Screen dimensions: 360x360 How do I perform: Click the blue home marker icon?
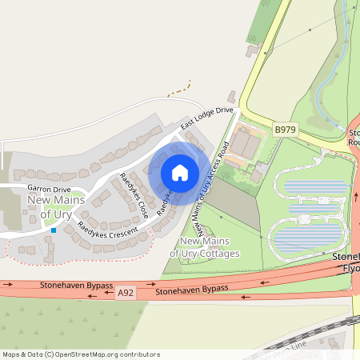(180, 173)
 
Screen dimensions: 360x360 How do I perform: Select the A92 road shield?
(124, 294)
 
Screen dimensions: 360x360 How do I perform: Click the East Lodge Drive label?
(206, 118)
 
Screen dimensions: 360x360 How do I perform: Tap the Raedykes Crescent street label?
(102, 233)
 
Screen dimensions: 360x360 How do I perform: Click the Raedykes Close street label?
(134, 196)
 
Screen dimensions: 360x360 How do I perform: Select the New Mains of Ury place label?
(50, 206)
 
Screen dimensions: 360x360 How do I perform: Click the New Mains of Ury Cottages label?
(210, 247)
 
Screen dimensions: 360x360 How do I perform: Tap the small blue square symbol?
(54, 230)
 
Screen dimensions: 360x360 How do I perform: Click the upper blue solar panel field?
(316, 189)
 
